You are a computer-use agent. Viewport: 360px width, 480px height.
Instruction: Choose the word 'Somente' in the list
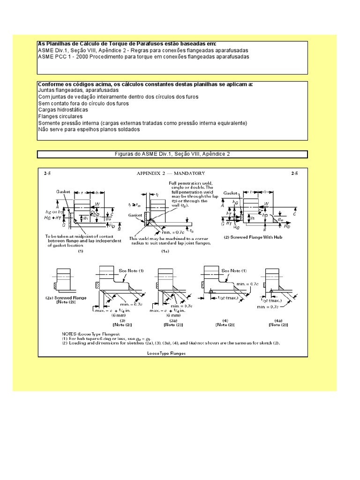point(49,123)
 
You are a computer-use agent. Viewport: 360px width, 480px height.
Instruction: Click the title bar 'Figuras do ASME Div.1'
point(172,154)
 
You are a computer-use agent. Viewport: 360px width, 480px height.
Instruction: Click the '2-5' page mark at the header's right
point(294,173)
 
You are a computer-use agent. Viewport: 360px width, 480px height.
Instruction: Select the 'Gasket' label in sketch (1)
point(63,191)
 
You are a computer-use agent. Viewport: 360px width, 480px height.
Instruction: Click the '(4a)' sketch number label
point(278,320)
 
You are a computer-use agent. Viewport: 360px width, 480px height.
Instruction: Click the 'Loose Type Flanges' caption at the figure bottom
point(166,353)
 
